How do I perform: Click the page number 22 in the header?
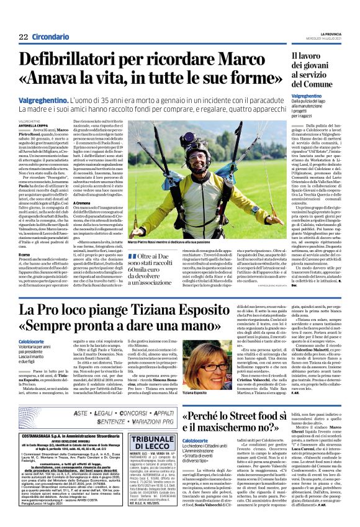23,37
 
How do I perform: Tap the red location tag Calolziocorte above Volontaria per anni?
35,341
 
